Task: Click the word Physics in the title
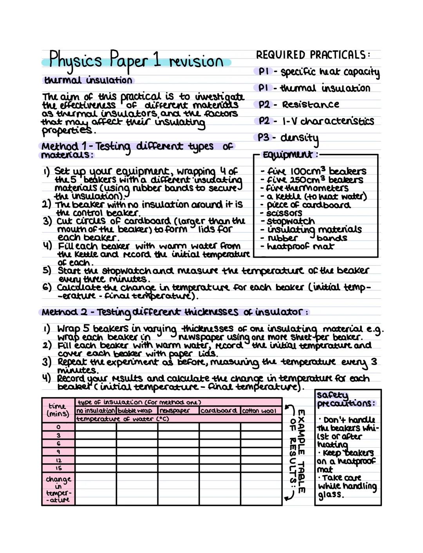[76, 61]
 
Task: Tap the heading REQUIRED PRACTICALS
[313, 55]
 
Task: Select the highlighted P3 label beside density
[263, 137]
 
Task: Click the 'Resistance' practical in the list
[310, 105]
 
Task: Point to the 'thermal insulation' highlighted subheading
[88, 80]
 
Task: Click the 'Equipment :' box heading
[288, 155]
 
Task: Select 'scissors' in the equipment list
[284, 213]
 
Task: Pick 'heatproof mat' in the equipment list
[300, 246]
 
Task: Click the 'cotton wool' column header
[259, 411]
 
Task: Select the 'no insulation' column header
[96, 411]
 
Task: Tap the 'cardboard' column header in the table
[219, 411]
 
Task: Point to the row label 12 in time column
[58, 461]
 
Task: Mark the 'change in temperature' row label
[58, 489]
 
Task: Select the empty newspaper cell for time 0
[178, 427]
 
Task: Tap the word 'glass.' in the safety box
[331, 494]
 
